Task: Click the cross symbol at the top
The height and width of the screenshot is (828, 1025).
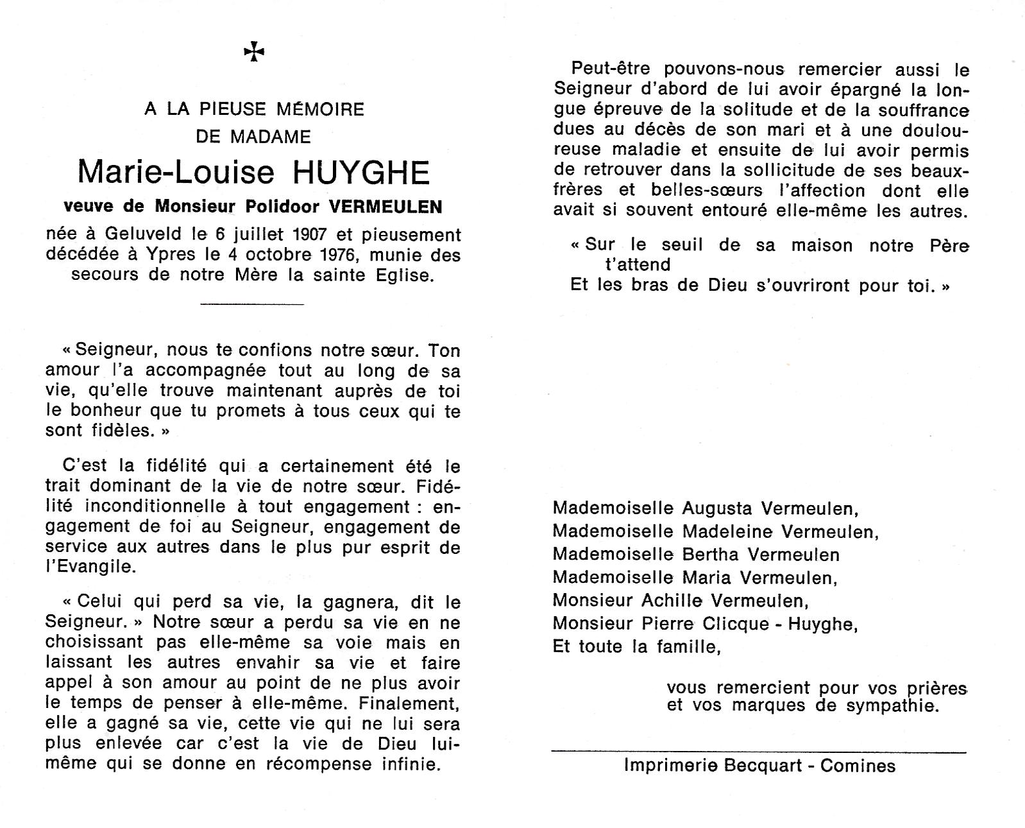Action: click(254, 52)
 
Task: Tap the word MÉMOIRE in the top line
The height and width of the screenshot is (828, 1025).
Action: click(320, 109)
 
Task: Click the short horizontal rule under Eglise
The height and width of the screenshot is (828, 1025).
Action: click(252, 304)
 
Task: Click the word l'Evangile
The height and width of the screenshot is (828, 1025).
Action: click(90, 567)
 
